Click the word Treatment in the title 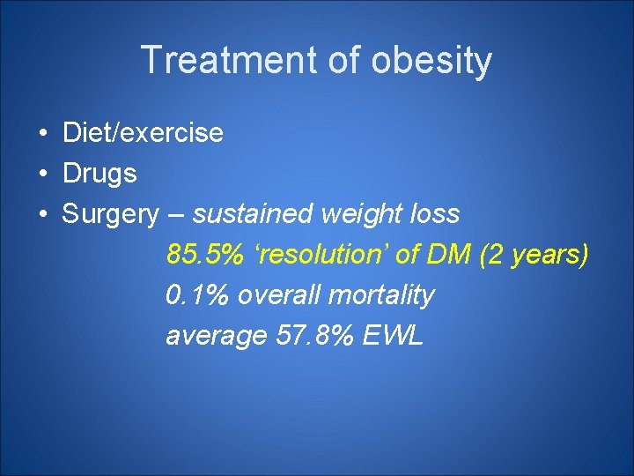[232, 61]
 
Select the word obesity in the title [431, 61]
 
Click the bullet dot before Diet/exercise [42, 134]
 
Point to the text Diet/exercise [143, 133]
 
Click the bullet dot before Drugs [42, 175]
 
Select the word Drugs [100, 174]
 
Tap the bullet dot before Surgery [42, 215]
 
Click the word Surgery [110, 214]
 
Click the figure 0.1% [197, 295]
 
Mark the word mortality [380, 295]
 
